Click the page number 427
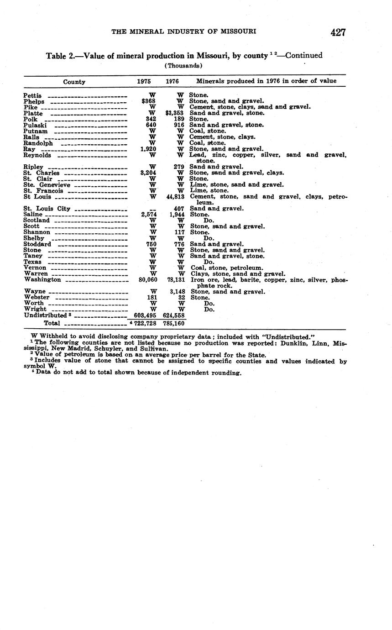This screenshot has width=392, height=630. pos(338,32)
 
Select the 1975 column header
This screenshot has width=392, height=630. pos(144,81)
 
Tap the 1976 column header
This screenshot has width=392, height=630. pos(172,81)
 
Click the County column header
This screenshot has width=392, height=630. pos(74,82)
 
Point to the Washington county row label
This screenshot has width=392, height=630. pos(42,280)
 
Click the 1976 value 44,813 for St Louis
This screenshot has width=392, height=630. pos(174,197)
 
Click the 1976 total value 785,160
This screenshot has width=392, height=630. pos(174,323)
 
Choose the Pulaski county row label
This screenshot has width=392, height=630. pos(35,125)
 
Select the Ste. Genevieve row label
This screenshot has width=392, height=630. pos(47,185)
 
